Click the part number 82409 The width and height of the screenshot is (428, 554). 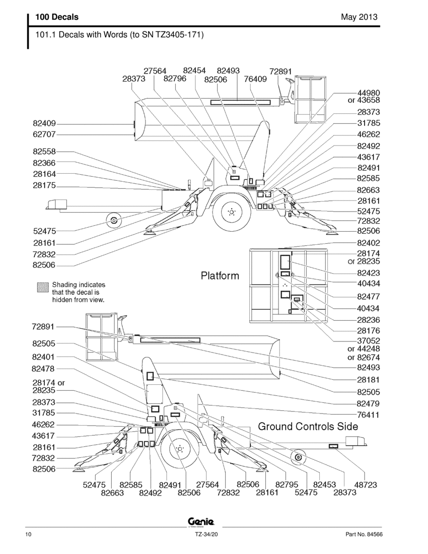tap(44, 124)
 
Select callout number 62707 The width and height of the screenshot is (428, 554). tap(44, 134)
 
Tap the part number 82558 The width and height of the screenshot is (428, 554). tap(44, 152)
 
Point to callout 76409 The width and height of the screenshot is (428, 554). tap(255, 79)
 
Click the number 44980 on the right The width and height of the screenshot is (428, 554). tap(369, 93)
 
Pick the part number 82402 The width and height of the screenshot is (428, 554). tap(369, 243)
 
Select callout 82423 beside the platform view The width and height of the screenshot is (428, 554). tap(369, 273)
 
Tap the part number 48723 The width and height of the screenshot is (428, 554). tap(366, 484)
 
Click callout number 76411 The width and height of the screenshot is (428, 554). tap(368, 415)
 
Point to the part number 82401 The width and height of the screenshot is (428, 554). tap(43, 357)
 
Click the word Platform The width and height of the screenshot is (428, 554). tap(220, 275)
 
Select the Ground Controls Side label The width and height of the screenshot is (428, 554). tap(308, 427)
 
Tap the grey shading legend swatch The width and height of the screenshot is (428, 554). tap(43, 287)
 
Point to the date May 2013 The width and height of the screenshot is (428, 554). tap(359, 17)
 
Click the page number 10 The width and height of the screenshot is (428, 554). tap(28, 534)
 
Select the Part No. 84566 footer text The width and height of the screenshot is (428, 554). tap(364, 534)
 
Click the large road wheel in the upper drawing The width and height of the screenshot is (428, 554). tap(232, 212)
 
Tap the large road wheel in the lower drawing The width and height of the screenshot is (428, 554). tap(180, 449)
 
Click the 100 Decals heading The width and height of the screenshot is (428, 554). tap(57, 17)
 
